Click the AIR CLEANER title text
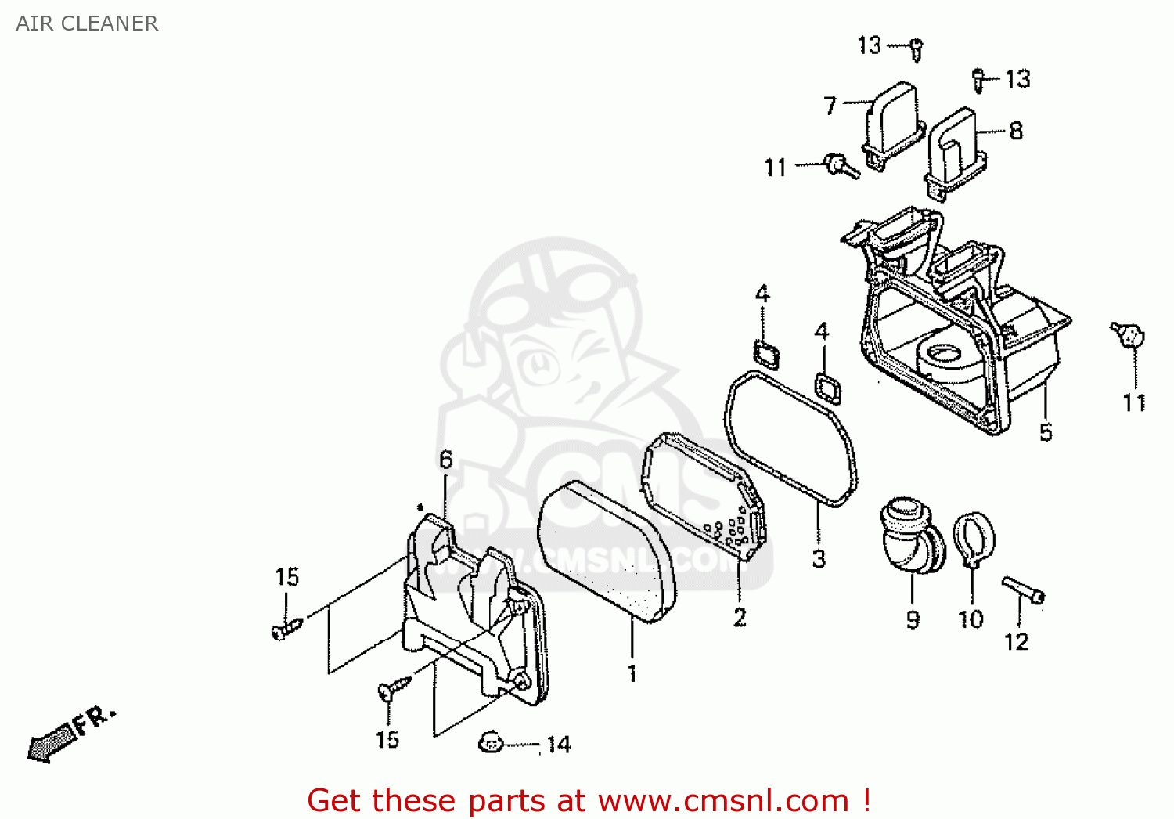(87, 23)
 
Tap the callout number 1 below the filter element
(632, 673)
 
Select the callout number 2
(740, 618)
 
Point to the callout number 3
(819, 558)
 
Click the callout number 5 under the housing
(1046, 432)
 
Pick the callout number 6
(445, 460)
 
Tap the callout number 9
(913, 619)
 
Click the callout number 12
(1016, 642)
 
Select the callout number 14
(559, 745)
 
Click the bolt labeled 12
(1023, 589)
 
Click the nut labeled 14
(490, 741)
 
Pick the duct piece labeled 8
(953, 153)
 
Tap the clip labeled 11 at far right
(1129, 336)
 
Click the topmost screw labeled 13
(916, 49)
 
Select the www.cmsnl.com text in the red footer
(723, 801)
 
